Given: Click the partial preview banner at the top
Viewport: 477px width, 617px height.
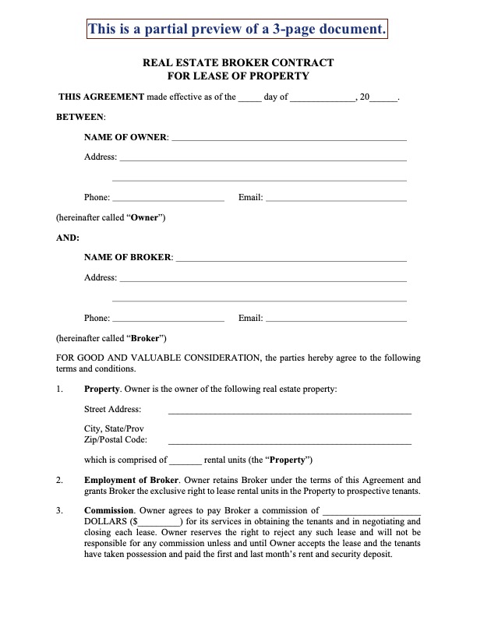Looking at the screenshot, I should tap(238, 30).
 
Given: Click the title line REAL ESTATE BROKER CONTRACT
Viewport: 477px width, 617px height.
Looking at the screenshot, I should tap(238, 62).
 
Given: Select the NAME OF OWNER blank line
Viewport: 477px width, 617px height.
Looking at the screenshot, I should tap(288, 137).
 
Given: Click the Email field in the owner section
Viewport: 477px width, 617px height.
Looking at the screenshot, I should tap(336, 198).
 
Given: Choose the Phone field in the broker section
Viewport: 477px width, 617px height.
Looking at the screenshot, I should tap(168, 318).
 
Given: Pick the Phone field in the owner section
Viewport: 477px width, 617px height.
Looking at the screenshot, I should tap(168, 198).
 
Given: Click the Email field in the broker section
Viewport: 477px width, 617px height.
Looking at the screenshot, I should tap(336, 318).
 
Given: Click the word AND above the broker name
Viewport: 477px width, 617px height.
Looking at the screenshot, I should tap(68, 238).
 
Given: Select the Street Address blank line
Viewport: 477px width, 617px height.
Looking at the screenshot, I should tap(289, 410).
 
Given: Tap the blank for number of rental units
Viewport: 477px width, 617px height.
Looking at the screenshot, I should tap(185, 460).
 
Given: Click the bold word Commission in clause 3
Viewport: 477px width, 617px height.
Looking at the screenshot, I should tap(108, 511).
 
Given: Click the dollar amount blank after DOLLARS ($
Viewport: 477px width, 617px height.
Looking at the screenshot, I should tap(160, 522).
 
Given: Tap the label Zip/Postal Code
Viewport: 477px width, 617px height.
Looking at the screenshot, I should tap(115, 440).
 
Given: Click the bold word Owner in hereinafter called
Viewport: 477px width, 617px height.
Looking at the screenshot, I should tap(144, 218).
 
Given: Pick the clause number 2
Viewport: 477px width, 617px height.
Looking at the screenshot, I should tap(60, 480).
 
